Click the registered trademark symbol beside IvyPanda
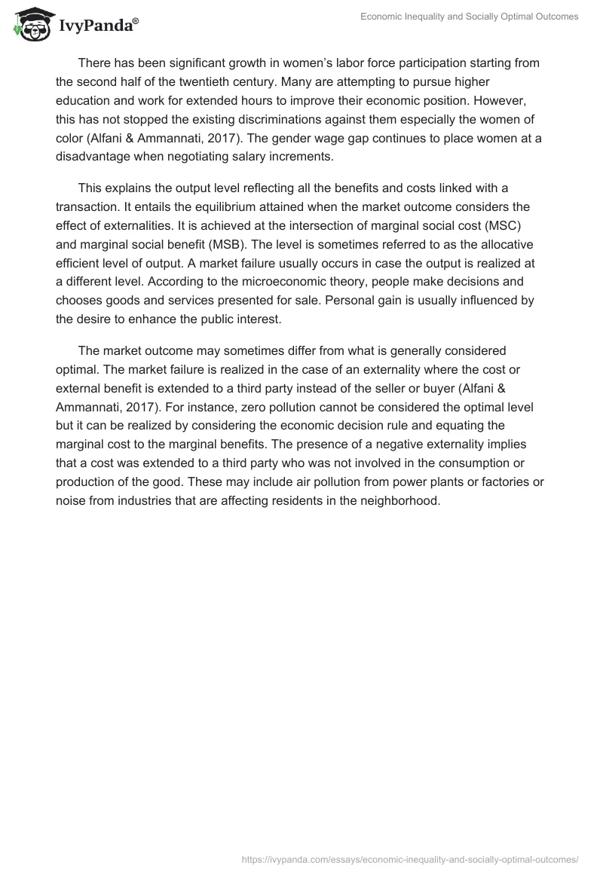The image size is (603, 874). [136, 20]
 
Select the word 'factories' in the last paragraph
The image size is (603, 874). [476, 481]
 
